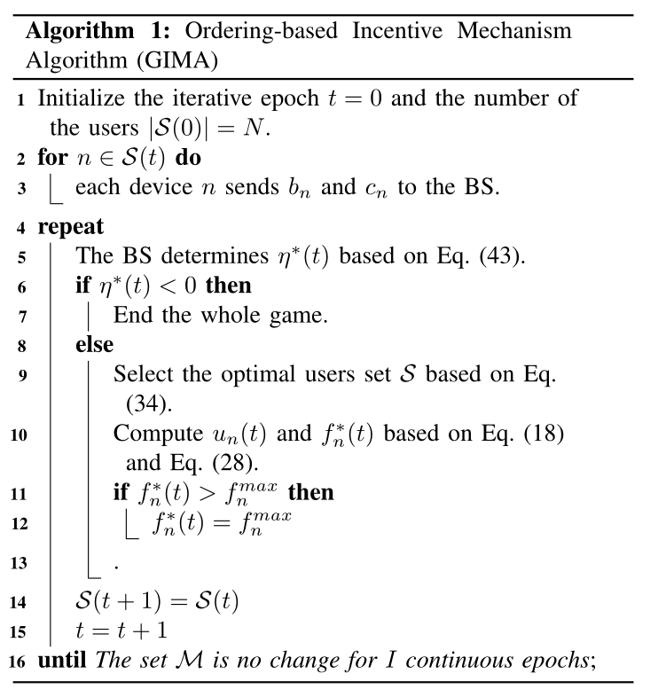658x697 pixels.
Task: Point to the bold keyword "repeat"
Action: [70, 226]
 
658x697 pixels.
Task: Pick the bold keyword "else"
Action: [94, 343]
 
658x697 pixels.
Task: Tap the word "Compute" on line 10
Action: [156, 435]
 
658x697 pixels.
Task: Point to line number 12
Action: [19, 524]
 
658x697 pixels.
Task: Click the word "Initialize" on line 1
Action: [87, 98]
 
